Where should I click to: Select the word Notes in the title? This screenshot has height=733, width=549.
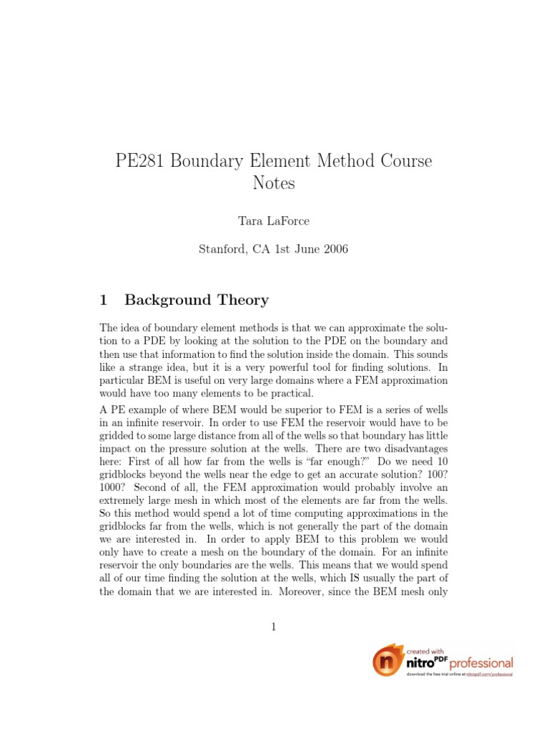click(274, 184)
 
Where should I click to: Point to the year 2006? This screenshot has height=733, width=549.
click(334, 250)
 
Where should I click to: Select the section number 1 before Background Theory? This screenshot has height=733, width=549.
click(104, 300)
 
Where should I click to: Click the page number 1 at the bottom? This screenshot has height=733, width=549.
click(273, 628)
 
